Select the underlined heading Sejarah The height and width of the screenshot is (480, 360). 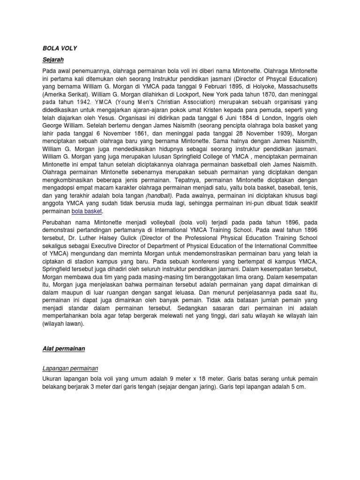tap(52, 60)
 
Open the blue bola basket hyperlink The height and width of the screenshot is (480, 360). tap(87, 211)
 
